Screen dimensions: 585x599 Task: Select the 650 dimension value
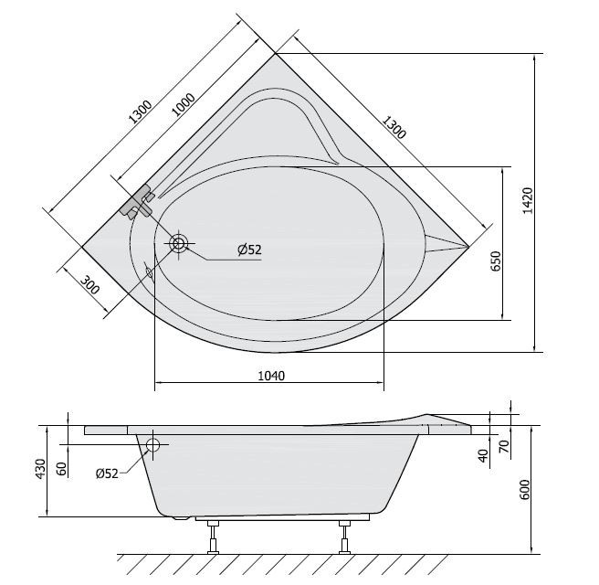pyautogui.click(x=496, y=261)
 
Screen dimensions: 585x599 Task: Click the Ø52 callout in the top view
pyautogui.click(x=248, y=250)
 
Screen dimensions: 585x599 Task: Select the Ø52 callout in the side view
pyautogui.click(x=108, y=473)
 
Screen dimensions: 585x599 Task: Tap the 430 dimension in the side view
pyautogui.click(x=41, y=469)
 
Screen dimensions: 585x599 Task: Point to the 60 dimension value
pyautogui.click(x=62, y=469)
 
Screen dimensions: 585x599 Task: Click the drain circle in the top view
pyautogui.click(x=178, y=243)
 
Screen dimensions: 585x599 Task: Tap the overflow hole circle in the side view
pyautogui.click(x=152, y=446)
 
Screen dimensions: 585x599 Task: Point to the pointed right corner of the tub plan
pyautogui.click(x=467, y=246)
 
